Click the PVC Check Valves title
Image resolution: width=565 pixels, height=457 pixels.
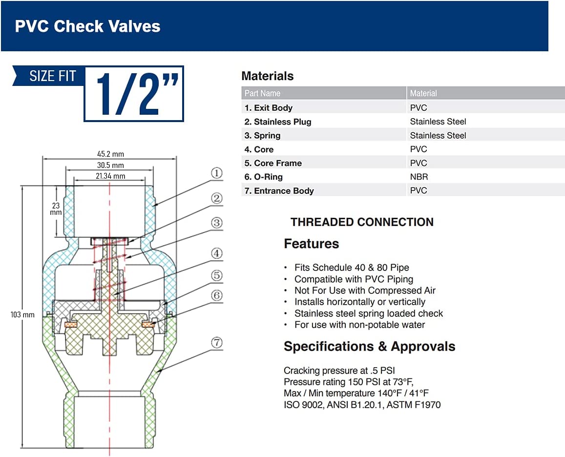87,26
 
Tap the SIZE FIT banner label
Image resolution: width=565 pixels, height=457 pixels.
53,76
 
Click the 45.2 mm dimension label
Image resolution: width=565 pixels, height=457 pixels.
111,154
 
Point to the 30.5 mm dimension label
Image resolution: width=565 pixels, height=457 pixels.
111,165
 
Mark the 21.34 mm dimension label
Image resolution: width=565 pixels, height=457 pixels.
111,176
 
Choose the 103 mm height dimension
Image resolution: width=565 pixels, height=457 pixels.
22,314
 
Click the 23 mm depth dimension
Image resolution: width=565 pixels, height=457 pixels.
56,208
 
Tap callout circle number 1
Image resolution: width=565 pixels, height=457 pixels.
216,173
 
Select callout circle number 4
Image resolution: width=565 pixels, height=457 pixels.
216,253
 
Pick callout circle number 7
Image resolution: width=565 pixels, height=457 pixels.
216,342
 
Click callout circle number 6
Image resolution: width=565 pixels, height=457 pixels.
216,295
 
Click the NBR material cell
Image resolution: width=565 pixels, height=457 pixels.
419,177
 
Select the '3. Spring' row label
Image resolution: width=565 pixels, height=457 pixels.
262,136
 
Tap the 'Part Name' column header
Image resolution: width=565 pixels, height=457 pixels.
262,93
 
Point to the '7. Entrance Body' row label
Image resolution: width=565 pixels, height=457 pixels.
279,190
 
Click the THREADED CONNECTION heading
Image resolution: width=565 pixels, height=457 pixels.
362,222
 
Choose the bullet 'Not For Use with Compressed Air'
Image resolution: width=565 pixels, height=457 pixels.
365,291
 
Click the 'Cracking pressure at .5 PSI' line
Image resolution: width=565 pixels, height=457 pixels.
339,371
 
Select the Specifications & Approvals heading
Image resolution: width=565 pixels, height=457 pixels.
370,347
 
